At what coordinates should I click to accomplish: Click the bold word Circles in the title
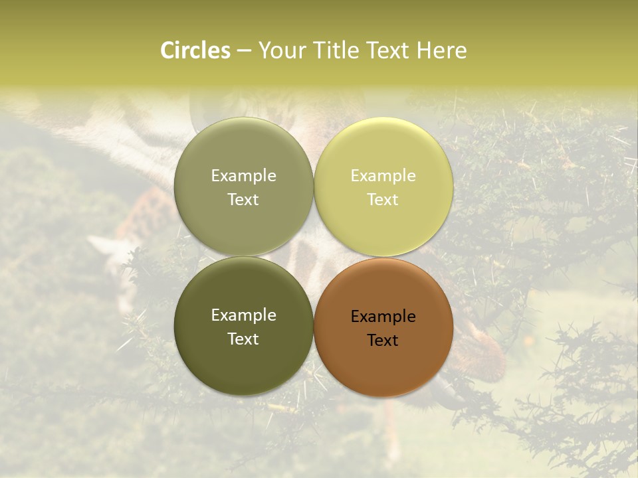point(195,50)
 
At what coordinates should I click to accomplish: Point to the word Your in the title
point(282,50)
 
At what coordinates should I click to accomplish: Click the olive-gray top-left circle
point(243,153)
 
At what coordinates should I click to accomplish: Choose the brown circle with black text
point(383,362)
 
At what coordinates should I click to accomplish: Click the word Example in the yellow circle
point(383,176)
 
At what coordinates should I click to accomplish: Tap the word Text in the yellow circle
point(383,200)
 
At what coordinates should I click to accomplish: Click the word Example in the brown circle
point(383,317)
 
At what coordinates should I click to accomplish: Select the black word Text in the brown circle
point(383,341)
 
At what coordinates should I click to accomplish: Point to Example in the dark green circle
point(243,315)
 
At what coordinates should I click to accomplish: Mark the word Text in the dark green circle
point(243,339)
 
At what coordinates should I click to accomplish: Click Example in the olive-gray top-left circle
point(243,176)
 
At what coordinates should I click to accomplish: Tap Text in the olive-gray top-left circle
point(243,200)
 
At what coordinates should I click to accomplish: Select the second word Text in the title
point(388,50)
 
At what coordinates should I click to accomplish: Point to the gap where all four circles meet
point(314,257)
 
